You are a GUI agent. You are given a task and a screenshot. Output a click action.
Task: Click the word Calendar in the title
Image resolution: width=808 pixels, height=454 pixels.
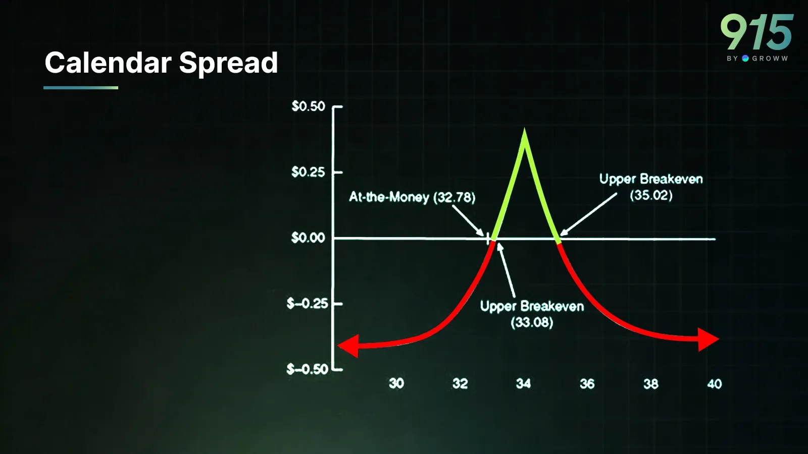point(108,63)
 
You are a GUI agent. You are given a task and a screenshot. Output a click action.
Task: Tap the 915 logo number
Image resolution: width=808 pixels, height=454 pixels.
point(757,32)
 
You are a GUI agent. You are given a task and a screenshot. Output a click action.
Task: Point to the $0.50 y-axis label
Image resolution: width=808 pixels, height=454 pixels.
point(309,106)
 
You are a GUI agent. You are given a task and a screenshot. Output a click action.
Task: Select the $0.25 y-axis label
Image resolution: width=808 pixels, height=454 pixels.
point(309,172)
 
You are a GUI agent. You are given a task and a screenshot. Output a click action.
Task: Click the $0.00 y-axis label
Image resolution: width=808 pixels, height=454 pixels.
point(309,238)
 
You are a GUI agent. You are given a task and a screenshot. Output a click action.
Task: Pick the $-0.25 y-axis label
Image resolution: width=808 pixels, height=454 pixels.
point(308,304)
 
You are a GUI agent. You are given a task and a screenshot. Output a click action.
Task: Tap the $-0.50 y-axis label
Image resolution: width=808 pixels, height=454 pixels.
point(308,369)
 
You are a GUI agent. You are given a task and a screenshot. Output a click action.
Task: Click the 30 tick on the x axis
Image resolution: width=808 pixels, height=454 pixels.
point(396,383)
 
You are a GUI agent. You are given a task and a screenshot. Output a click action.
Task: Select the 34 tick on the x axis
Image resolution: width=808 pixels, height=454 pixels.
point(523,383)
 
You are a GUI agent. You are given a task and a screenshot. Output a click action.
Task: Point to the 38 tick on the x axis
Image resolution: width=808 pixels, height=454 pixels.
point(651,384)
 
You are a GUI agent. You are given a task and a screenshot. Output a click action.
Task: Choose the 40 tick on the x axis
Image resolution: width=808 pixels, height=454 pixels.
point(715,384)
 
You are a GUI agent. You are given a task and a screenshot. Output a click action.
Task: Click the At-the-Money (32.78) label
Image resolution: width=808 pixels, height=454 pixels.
point(412,197)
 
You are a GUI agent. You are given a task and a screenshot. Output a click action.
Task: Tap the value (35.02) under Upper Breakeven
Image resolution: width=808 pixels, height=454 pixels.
point(651,195)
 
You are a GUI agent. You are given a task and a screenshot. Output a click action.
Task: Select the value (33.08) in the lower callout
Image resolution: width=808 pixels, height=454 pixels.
point(532,322)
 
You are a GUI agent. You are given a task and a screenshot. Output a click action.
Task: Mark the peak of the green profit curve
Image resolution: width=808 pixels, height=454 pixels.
point(525,129)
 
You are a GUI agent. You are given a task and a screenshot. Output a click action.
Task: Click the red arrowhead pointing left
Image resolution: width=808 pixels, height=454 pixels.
point(348,346)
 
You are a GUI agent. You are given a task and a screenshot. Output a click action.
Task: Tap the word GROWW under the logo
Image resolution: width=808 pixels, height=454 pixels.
point(770,59)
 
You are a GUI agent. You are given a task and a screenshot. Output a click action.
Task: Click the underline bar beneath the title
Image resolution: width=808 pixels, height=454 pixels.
point(81,88)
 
